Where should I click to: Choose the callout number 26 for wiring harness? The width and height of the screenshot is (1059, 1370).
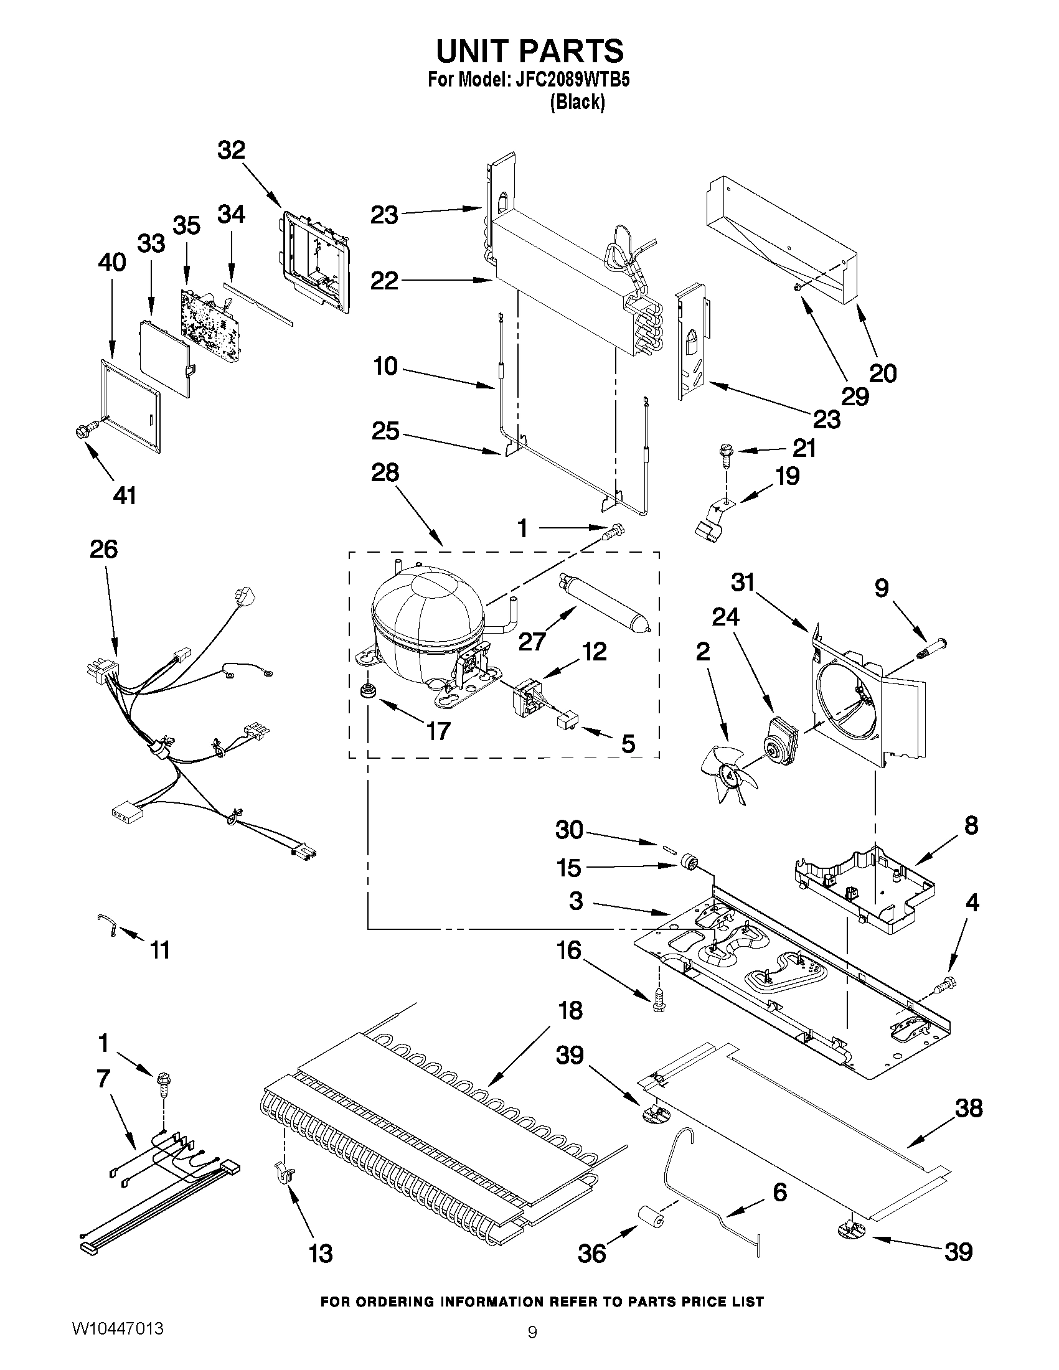103,549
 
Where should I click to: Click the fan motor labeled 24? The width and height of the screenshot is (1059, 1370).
778,740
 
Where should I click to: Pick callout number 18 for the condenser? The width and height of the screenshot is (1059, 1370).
570,1011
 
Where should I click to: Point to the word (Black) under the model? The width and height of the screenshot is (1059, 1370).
577,102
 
